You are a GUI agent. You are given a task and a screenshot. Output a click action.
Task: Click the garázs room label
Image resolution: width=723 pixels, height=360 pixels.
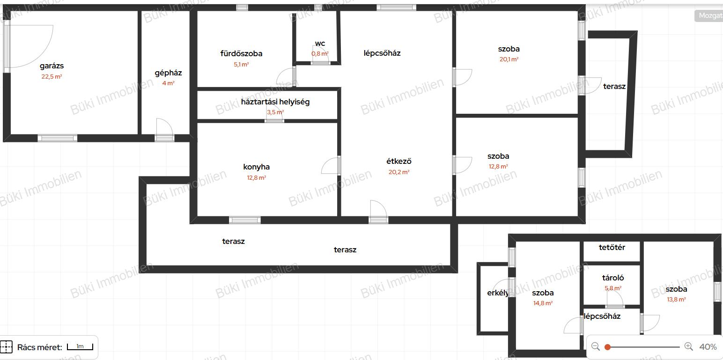pyautogui.click(x=52, y=66)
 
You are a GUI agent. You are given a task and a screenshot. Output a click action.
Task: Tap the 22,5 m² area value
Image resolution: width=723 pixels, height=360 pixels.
pyautogui.click(x=52, y=77)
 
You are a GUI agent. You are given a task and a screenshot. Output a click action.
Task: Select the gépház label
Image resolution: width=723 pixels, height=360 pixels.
pyautogui.click(x=168, y=73)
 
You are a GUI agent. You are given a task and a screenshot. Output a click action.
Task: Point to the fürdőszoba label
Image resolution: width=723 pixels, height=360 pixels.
pyautogui.click(x=241, y=53)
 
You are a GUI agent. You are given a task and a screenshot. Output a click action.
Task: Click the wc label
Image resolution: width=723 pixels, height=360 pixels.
pyautogui.click(x=320, y=44)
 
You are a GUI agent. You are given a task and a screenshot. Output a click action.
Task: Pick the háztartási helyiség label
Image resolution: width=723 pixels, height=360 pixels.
pyautogui.click(x=275, y=102)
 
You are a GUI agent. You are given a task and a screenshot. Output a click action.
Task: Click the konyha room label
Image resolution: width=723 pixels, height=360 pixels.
pyautogui.click(x=256, y=167)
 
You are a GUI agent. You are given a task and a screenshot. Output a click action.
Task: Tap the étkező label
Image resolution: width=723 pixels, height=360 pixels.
pyautogui.click(x=399, y=162)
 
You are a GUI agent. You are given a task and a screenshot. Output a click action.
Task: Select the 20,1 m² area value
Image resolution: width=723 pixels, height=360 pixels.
pyautogui.click(x=509, y=59)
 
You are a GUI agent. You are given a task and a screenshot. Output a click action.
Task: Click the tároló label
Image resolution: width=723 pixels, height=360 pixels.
pyautogui.click(x=613, y=278)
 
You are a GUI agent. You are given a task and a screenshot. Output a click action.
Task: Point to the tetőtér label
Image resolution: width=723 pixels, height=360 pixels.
pyautogui.click(x=612, y=248)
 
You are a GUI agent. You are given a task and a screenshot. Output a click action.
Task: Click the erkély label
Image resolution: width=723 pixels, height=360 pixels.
pyautogui.click(x=498, y=293)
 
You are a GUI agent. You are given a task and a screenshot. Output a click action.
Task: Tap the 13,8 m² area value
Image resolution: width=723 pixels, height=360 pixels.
pyautogui.click(x=676, y=300)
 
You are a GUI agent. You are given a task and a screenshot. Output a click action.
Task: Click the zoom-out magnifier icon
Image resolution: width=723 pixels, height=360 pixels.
pyautogui.click(x=596, y=346)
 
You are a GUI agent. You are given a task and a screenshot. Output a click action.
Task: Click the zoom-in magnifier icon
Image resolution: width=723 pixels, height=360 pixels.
pyautogui.click(x=688, y=346)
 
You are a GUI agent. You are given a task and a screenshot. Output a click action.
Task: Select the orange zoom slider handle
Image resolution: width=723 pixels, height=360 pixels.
pyautogui.click(x=607, y=347)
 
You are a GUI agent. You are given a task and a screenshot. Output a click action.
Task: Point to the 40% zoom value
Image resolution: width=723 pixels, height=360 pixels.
pyautogui.click(x=708, y=347)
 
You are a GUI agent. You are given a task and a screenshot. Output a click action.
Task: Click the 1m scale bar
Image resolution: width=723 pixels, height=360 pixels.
pyautogui.click(x=80, y=347)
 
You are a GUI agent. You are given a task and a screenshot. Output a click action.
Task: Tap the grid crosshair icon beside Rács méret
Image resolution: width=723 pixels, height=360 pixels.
pyautogui.click(x=6, y=347)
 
